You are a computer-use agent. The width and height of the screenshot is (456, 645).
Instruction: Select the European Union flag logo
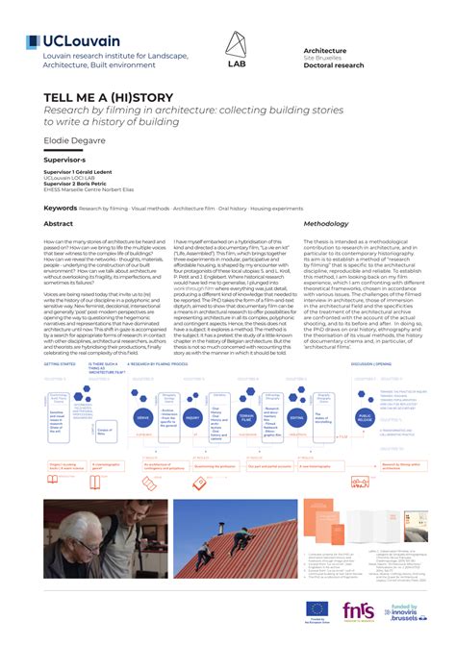[315, 608]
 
